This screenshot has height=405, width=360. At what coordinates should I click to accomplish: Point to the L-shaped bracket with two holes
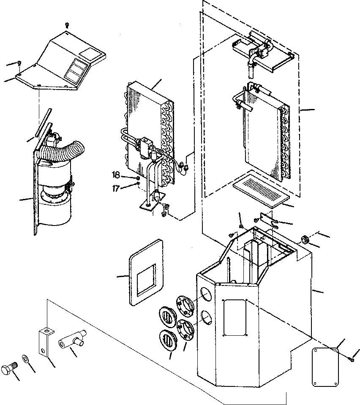[44, 341]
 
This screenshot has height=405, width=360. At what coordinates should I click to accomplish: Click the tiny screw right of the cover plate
[352, 359]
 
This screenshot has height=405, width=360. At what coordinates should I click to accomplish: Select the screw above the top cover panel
[67, 26]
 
